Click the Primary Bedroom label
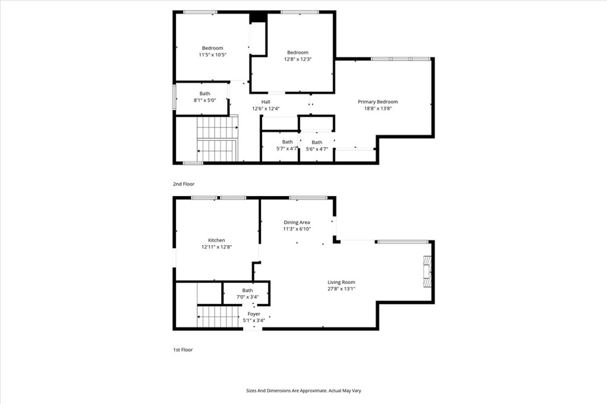click(378, 101)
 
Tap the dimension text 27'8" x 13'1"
click(341, 289)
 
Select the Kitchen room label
click(216, 240)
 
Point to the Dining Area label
click(296, 222)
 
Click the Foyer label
click(254, 314)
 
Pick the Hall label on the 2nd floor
click(266, 102)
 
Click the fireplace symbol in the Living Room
click(427, 271)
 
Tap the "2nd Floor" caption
click(183, 184)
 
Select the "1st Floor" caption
click(183, 350)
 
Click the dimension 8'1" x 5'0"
click(205, 100)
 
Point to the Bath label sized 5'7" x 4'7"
click(287, 142)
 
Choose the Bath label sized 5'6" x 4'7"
click(317, 142)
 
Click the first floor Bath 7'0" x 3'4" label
click(247, 290)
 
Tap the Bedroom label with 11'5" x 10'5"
click(212, 48)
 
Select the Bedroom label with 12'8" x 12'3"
click(298, 52)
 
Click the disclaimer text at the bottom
click(303, 391)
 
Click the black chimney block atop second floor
click(258, 17)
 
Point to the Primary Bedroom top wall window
click(401, 59)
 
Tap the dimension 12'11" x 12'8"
click(216, 247)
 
